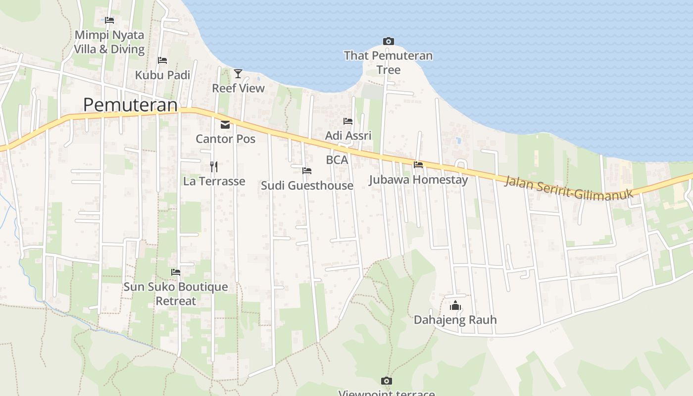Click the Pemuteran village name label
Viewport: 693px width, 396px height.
pyautogui.click(x=130, y=105)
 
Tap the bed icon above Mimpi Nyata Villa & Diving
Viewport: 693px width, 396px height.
pyautogui.click(x=109, y=20)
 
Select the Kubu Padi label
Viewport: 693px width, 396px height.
pyautogui.click(x=162, y=75)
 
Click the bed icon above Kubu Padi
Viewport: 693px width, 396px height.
pyautogui.click(x=162, y=60)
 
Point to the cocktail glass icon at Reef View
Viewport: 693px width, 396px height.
pyautogui.click(x=238, y=74)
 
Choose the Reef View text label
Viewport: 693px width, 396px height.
pyautogui.click(x=238, y=88)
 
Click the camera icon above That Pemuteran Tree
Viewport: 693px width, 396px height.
pyautogui.click(x=389, y=41)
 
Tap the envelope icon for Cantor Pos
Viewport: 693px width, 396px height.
pyautogui.click(x=225, y=125)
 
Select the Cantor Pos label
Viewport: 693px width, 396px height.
pyautogui.click(x=225, y=139)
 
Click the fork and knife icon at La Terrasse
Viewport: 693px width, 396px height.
pyautogui.click(x=214, y=166)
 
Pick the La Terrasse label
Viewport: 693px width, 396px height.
pyautogui.click(x=214, y=181)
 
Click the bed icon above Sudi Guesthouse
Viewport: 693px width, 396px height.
pyautogui.click(x=307, y=171)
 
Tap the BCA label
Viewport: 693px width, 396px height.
pyautogui.click(x=337, y=160)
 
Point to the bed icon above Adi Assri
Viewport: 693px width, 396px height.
pyautogui.click(x=348, y=121)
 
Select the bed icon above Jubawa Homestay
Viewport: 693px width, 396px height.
pyautogui.click(x=418, y=165)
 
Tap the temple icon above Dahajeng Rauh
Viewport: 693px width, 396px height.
pyautogui.click(x=455, y=305)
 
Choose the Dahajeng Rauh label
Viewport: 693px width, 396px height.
pyautogui.click(x=455, y=320)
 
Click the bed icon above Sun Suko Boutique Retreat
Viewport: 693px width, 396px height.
pyautogui.click(x=176, y=272)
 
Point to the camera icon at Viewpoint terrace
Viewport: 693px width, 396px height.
pyautogui.click(x=387, y=381)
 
